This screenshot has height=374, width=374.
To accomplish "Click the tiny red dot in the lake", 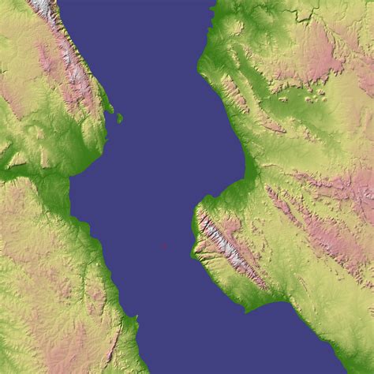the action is point(163,245).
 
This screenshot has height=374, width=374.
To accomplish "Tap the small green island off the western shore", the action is point(120,118).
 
